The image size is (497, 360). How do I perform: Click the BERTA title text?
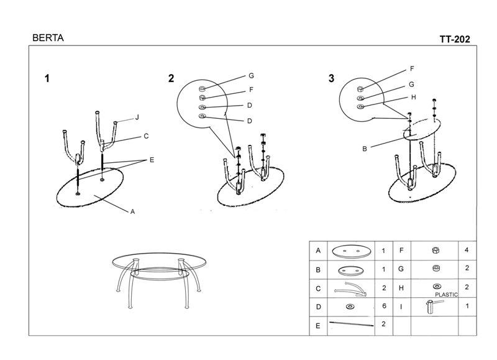(x=48, y=38)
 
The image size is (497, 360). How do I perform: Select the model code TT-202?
(x=455, y=39)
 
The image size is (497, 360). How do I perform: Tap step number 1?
(x=47, y=78)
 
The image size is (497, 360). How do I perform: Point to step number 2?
(x=171, y=78)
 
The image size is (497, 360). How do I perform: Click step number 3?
(x=331, y=78)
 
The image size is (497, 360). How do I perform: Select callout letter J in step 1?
(x=137, y=118)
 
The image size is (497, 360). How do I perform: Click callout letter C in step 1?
(x=146, y=136)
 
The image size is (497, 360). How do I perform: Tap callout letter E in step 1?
(x=152, y=160)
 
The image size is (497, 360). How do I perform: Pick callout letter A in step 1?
(x=133, y=211)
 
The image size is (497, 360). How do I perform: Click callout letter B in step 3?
(x=365, y=149)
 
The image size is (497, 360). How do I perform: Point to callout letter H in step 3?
(x=413, y=98)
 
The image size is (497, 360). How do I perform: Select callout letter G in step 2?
(x=251, y=76)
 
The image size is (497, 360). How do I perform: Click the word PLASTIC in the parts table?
(x=446, y=295)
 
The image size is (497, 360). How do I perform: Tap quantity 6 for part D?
(x=384, y=306)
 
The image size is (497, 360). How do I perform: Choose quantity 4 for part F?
(x=467, y=250)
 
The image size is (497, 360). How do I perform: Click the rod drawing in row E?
(x=352, y=324)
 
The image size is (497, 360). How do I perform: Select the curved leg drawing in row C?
(x=350, y=289)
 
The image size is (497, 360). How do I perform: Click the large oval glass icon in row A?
(x=351, y=251)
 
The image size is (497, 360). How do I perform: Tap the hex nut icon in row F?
(x=435, y=250)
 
